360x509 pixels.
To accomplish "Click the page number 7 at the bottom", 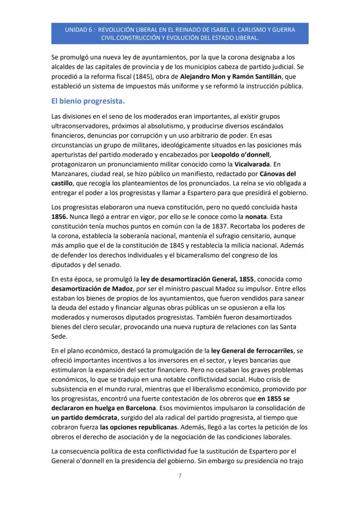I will click(x=180, y=476).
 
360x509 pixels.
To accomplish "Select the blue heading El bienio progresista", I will click(x=88, y=102).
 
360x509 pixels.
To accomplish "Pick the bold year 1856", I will click(x=60, y=216).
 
